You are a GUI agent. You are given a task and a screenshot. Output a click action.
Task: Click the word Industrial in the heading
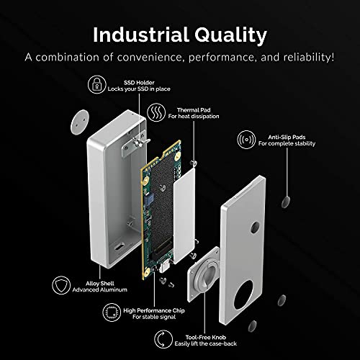tap(141, 35)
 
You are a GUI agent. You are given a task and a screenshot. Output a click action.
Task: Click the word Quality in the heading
tap(230, 35)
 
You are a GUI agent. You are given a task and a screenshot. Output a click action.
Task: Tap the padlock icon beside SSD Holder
tap(96, 84)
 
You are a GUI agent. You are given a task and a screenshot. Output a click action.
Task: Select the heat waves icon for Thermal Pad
tap(156, 112)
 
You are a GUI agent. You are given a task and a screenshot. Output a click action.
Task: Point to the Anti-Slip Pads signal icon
tap(246, 140)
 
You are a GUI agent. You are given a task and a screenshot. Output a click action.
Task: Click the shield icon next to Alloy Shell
tap(61, 285)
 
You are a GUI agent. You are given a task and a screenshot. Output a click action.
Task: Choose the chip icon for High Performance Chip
tap(112, 312)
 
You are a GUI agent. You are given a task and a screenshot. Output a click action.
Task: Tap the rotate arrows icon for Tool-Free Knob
tap(163, 339)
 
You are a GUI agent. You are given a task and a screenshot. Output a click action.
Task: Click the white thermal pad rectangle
tap(184, 215)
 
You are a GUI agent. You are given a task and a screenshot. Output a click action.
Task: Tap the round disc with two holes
tap(80, 122)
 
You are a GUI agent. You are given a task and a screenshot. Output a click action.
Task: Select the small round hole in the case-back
tap(255, 228)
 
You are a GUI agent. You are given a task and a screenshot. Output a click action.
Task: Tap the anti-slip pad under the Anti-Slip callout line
tap(286, 202)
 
